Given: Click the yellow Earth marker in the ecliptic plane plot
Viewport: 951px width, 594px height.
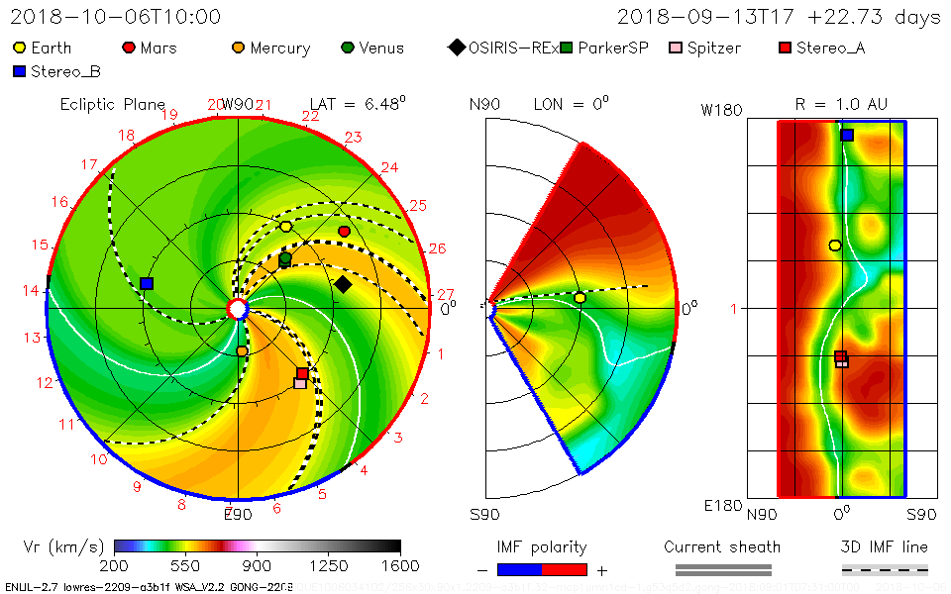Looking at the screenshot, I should click(286, 227).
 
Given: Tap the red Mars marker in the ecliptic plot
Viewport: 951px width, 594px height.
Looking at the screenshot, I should click(344, 231).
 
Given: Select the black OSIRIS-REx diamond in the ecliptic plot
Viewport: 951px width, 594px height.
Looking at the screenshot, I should click(343, 285).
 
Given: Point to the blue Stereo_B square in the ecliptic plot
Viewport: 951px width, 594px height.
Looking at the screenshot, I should click(147, 283).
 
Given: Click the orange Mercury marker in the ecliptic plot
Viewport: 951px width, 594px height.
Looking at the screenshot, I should click(242, 350).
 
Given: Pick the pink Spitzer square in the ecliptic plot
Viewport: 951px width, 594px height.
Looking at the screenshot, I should click(299, 383).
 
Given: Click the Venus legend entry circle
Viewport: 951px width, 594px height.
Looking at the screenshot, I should click(347, 48).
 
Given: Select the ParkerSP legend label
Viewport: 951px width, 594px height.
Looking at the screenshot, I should click(613, 48).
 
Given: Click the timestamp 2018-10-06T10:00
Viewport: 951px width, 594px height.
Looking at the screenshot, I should click(116, 17).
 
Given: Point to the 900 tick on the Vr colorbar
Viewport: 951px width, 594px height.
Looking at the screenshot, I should click(258, 566).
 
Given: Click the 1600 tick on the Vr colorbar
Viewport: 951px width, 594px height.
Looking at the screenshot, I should click(400, 566).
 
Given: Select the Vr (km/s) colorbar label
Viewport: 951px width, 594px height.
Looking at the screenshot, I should click(63, 546).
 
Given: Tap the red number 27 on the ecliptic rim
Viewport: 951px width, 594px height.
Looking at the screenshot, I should click(446, 294).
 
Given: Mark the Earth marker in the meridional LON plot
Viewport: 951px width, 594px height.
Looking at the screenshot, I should click(580, 297).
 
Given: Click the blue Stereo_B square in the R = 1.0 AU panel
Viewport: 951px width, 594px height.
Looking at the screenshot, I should click(847, 135).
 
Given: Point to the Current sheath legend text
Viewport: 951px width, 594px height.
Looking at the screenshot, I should click(722, 546).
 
